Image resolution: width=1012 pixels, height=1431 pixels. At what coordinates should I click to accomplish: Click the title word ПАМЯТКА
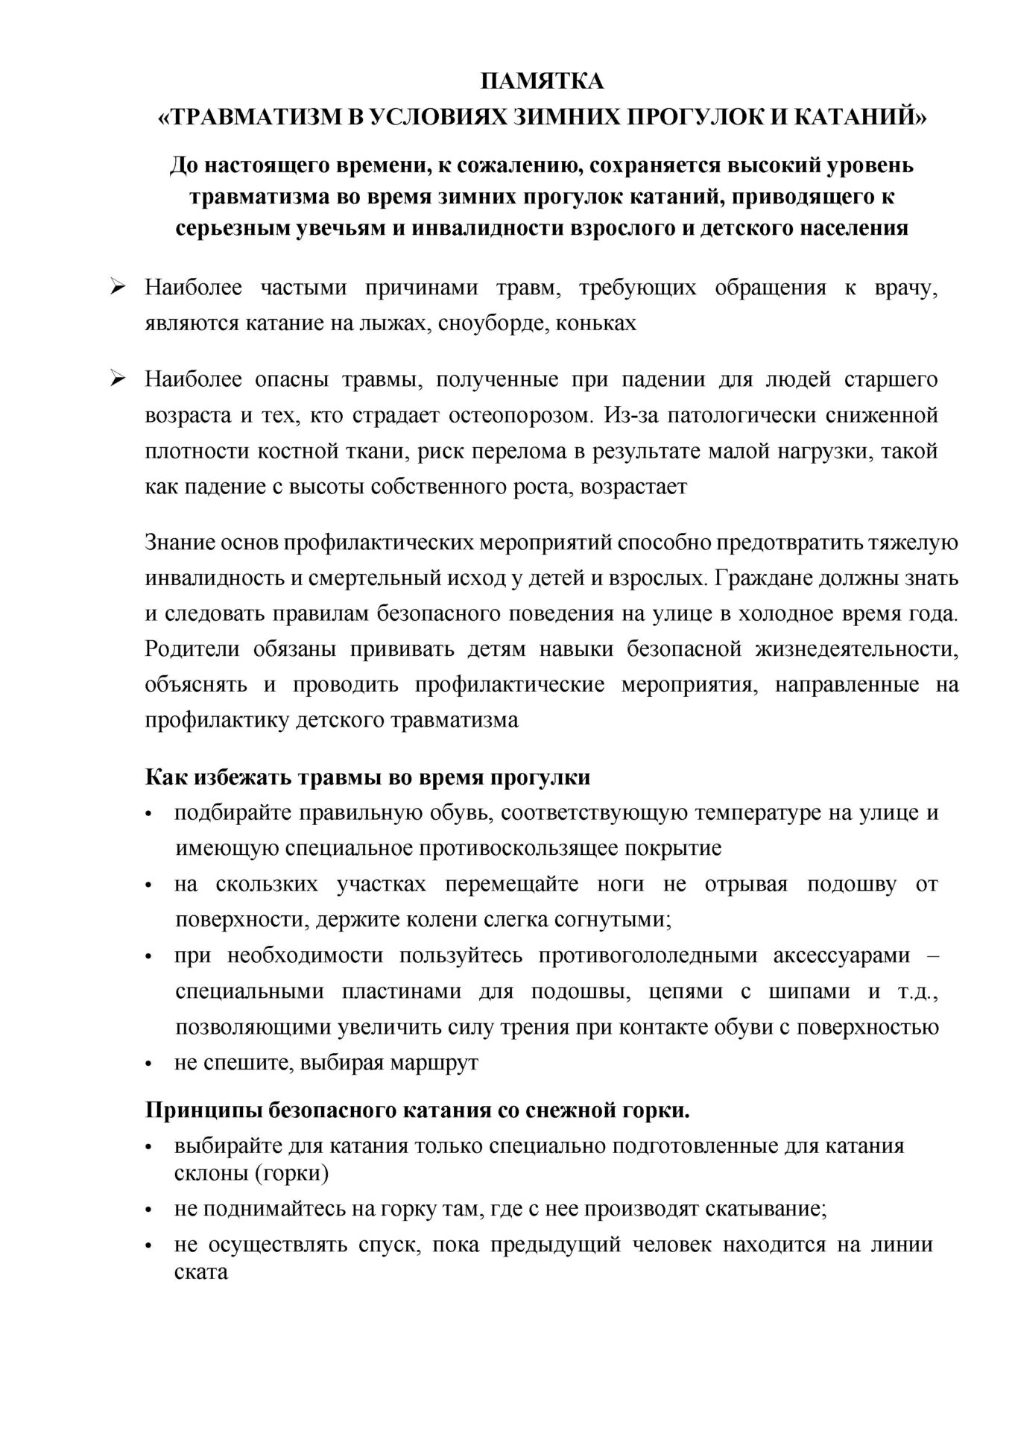tap(541, 81)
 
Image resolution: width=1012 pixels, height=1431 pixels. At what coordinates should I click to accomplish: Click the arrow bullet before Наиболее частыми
tap(117, 288)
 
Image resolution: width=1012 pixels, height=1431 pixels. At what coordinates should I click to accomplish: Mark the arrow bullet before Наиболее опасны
tap(117, 379)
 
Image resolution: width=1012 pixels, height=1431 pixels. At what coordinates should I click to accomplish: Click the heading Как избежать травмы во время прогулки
tap(367, 777)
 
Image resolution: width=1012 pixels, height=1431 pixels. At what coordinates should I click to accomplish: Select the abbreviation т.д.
tap(917, 991)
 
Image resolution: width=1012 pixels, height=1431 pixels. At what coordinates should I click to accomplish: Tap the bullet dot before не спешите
tap(150, 1064)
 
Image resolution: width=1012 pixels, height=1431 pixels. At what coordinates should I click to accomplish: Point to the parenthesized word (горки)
tap(286, 1173)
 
